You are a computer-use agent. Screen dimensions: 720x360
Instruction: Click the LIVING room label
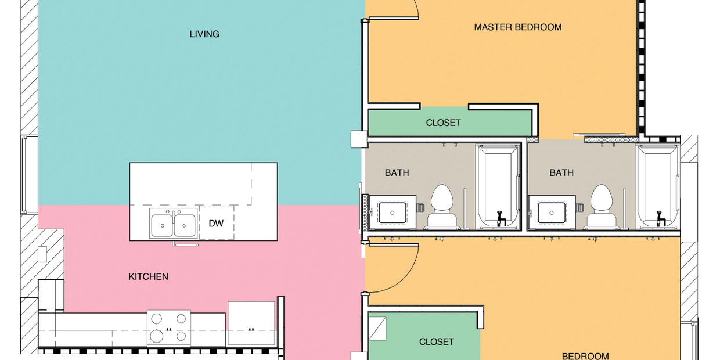[x=204, y=34]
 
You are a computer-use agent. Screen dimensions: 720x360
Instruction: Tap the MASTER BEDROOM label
[x=518, y=27]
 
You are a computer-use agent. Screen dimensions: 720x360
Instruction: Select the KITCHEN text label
[x=148, y=277]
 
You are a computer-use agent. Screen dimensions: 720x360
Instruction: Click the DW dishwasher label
[x=216, y=224]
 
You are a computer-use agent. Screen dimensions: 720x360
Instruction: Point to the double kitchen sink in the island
[x=173, y=224]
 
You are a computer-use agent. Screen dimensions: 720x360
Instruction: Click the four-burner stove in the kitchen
[x=169, y=328]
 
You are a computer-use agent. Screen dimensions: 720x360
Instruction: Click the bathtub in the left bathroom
[x=498, y=188]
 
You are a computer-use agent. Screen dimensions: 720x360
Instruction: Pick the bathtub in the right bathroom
[x=658, y=188]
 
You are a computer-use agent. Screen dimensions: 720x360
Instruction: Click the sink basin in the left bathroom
[x=392, y=213]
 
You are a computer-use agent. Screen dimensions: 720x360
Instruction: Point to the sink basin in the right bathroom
[x=552, y=213]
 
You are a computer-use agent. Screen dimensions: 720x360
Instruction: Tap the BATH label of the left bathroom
[x=397, y=173]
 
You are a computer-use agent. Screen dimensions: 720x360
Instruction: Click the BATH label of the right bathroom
[x=561, y=173]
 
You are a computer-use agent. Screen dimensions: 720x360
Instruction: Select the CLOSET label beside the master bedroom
[x=443, y=123]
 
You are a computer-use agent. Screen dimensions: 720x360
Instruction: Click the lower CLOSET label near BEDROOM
[x=437, y=341]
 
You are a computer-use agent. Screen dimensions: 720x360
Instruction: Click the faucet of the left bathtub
[x=501, y=218]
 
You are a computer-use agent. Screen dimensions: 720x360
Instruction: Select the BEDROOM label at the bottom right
[x=585, y=356]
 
